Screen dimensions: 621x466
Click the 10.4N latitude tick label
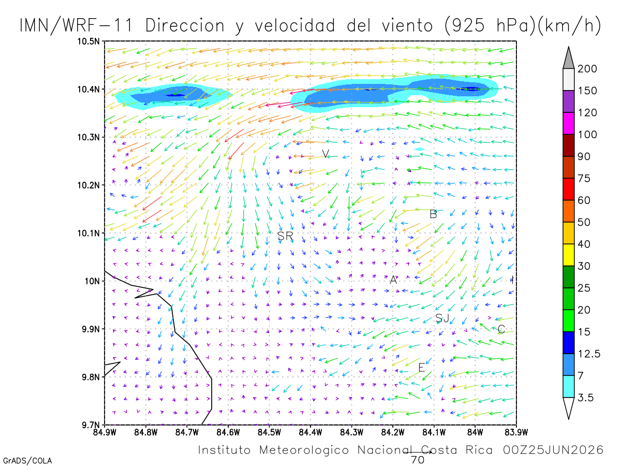[88, 90]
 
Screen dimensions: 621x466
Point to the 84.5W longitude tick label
[269, 432]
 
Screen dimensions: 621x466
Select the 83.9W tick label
[516, 432]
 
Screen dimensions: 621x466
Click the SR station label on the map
[285, 236]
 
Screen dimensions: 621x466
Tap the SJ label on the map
[442, 318]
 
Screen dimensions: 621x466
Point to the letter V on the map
[326, 154]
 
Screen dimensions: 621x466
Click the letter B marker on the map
[433, 214]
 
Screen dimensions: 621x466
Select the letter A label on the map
[393, 280]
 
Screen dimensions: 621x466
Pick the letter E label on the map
[422, 368]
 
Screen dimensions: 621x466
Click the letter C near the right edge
[501, 329]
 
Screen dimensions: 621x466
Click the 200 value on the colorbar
[587, 69]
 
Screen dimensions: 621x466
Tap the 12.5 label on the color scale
[589, 354]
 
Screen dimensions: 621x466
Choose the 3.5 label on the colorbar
[585, 398]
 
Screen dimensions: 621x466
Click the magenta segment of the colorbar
[568, 123]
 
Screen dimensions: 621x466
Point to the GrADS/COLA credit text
[27, 461]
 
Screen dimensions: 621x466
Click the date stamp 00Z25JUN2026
[553, 450]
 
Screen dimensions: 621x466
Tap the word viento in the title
[408, 25]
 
